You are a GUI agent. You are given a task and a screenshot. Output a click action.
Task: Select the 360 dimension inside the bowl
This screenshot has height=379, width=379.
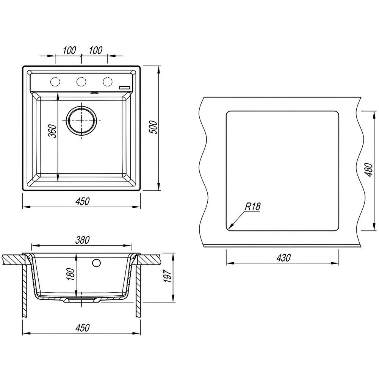(52, 131)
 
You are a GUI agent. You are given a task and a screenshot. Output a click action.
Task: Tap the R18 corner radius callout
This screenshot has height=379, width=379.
(252, 207)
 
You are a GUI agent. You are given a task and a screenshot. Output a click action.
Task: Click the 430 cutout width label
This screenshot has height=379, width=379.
(283, 258)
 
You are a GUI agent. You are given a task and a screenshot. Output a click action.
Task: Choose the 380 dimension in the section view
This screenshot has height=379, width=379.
(83, 240)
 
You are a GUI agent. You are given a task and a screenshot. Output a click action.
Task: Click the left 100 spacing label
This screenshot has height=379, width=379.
(69, 50)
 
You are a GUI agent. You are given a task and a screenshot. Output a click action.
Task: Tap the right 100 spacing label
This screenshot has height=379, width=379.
(96, 50)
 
